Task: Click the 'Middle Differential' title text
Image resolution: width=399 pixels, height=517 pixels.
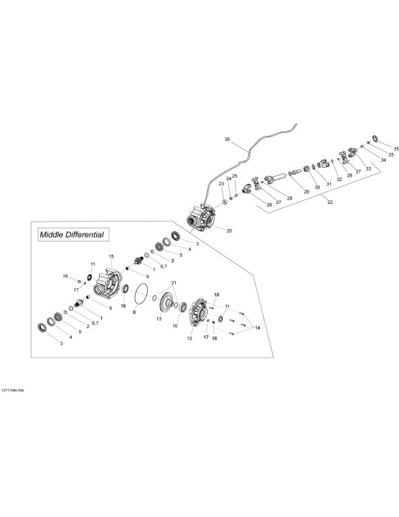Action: pyautogui.click(x=72, y=235)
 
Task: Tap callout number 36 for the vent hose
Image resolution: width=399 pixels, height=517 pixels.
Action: pyautogui.click(x=227, y=140)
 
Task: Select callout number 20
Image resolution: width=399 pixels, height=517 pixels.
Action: pyautogui.click(x=229, y=230)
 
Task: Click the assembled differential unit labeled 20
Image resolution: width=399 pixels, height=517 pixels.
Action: pyautogui.click(x=200, y=218)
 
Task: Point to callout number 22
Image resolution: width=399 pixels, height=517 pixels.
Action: pyautogui.click(x=330, y=202)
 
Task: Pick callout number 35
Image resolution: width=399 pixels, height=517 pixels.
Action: pyautogui.click(x=396, y=148)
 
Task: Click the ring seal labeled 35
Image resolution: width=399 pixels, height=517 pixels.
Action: pyautogui.click(x=375, y=138)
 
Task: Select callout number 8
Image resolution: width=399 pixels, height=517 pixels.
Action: pyautogui.click(x=134, y=312)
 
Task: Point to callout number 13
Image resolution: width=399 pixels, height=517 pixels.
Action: pyautogui.click(x=159, y=319)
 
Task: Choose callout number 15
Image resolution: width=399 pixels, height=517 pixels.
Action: pyautogui.click(x=111, y=256)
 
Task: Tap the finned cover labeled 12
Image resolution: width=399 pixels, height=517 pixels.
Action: pyautogui.click(x=199, y=312)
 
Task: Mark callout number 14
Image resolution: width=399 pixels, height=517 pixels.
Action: pyautogui.click(x=257, y=328)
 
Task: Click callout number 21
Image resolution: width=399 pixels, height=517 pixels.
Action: pyautogui.click(x=174, y=283)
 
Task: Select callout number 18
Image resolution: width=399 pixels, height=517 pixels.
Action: pyautogui.click(x=216, y=295)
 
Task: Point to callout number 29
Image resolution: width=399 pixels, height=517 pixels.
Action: pyautogui.click(x=307, y=191)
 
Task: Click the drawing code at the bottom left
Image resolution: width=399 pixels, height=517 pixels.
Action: pyautogui.click(x=13, y=390)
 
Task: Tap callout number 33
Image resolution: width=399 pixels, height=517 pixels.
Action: pyautogui.click(x=368, y=168)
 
